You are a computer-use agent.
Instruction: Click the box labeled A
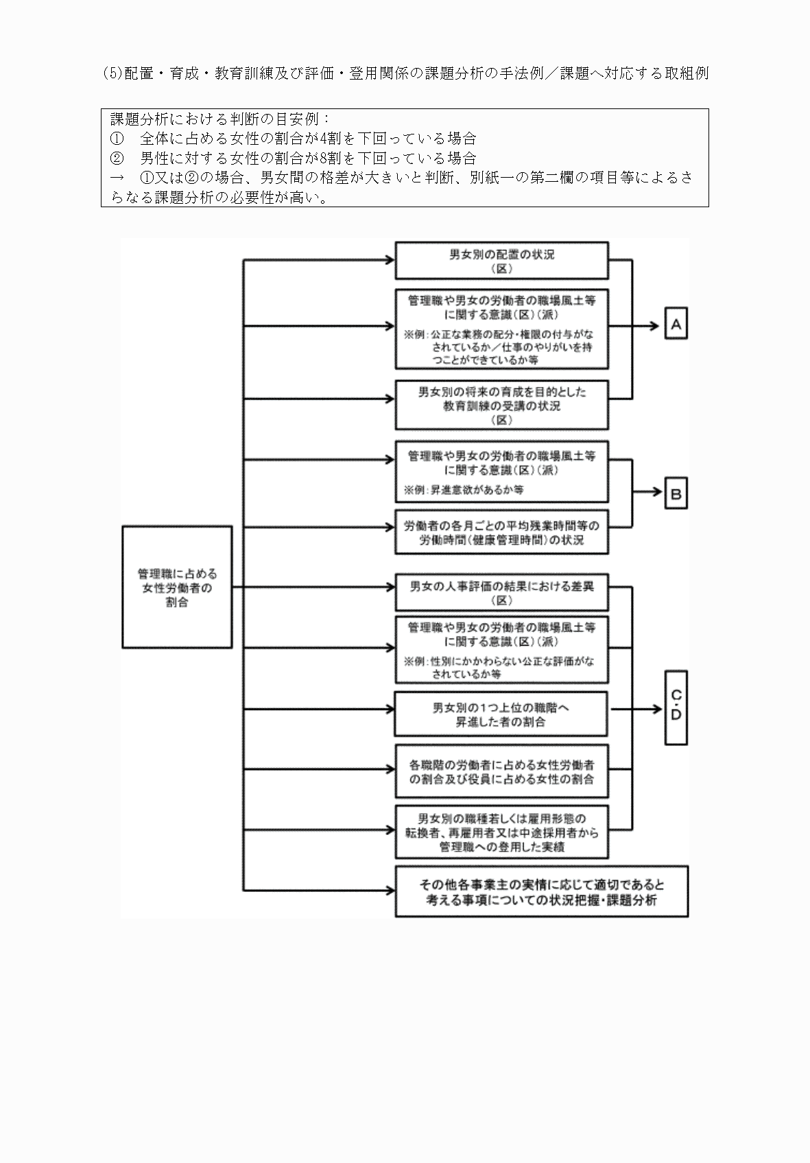tap(676, 325)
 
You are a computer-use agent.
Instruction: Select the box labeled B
tap(676, 493)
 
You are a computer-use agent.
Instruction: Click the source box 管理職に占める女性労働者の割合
tap(177, 587)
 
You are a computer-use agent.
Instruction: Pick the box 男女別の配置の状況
tap(501, 261)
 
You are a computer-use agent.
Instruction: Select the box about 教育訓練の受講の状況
tap(501, 406)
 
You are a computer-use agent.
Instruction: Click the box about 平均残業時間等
tap(501, 533)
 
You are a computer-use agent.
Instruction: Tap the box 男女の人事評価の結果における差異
tap(501, 594)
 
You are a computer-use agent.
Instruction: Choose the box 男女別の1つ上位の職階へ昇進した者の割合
tap(501, 714)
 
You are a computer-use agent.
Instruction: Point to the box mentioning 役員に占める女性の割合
tap(501, 772)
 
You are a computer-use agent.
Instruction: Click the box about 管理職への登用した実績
tap(501, 832)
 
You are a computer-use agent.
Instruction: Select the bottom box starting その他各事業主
tap(541, 892)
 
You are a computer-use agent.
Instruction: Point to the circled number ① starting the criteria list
tap(117, 139)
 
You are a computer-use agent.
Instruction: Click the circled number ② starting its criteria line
tap(117, 158)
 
